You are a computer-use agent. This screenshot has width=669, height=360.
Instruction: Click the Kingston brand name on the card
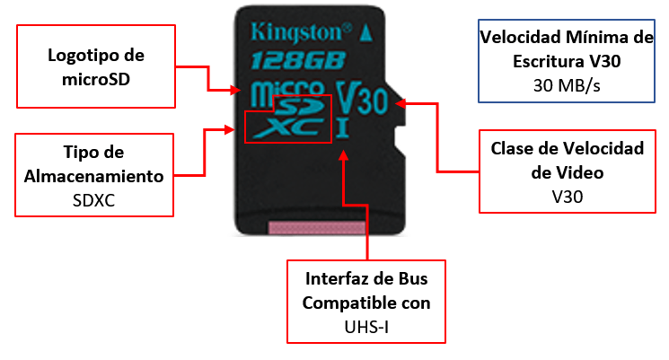301,33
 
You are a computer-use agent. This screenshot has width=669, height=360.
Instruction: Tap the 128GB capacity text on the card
298,60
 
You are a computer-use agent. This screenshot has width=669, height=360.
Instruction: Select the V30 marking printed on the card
362,98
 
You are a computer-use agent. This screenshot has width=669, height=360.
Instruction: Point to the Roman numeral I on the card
343,128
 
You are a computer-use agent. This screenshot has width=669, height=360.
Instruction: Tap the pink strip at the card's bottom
317,228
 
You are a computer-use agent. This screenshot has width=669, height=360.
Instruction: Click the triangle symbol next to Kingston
366,33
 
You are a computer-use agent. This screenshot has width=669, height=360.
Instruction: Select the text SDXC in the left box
94,200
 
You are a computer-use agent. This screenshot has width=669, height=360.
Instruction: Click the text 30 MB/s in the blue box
567,85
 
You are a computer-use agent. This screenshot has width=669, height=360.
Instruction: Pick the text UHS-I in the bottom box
366,327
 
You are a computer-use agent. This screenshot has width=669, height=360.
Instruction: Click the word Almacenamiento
94,176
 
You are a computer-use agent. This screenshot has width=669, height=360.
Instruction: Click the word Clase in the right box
511,148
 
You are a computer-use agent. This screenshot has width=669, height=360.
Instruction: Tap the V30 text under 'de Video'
567,197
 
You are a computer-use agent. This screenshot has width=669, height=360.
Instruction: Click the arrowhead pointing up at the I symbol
343,154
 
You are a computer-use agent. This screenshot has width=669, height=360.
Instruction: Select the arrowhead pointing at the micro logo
235,90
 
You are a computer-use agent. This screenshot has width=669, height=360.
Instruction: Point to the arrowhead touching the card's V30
401,103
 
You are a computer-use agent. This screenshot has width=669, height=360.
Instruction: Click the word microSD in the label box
96,79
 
